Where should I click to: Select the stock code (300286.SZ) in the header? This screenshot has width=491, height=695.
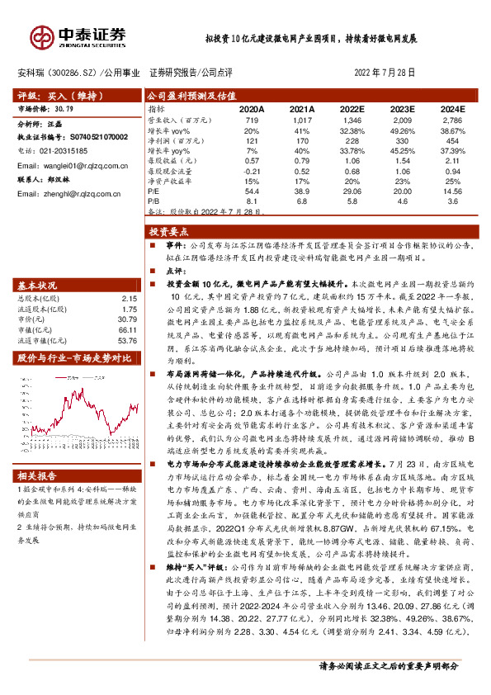pos(73,73)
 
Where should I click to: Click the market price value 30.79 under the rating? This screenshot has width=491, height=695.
pos(64,108)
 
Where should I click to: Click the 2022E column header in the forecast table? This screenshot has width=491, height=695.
pos(351,108)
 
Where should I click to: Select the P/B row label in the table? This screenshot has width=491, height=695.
pos(155,200)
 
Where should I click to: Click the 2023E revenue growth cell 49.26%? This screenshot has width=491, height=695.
pos(402,131)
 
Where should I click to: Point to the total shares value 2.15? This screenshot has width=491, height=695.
pos(127,274)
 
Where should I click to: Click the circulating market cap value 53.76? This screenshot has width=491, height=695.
pos(127,317)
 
